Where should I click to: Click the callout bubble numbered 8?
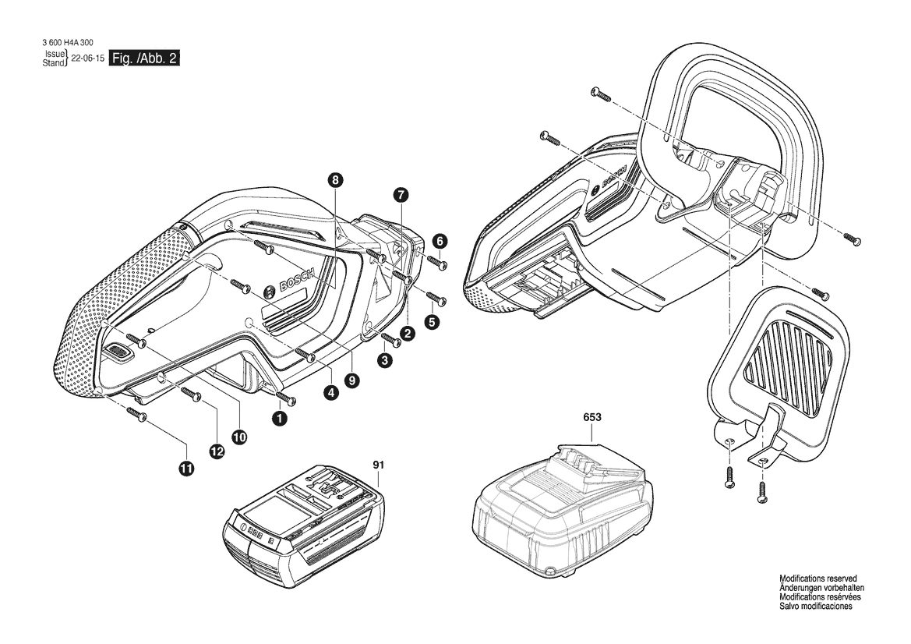tap(335, 179)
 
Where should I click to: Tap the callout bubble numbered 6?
tap(440, 241)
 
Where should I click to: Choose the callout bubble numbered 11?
tap(186, 469)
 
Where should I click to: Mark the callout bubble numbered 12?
tap(217, 451)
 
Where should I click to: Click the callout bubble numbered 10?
tap(239, 437)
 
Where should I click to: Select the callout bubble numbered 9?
tap(351, 380)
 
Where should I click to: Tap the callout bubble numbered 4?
tap(331, 392)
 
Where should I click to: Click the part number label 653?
tap(592, 417)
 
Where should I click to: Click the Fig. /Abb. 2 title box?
tap(145, 58)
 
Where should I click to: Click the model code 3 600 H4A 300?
tap(67, 42)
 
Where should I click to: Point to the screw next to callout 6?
tap(437, 261)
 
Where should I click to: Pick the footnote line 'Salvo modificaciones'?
tap(816, 607)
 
